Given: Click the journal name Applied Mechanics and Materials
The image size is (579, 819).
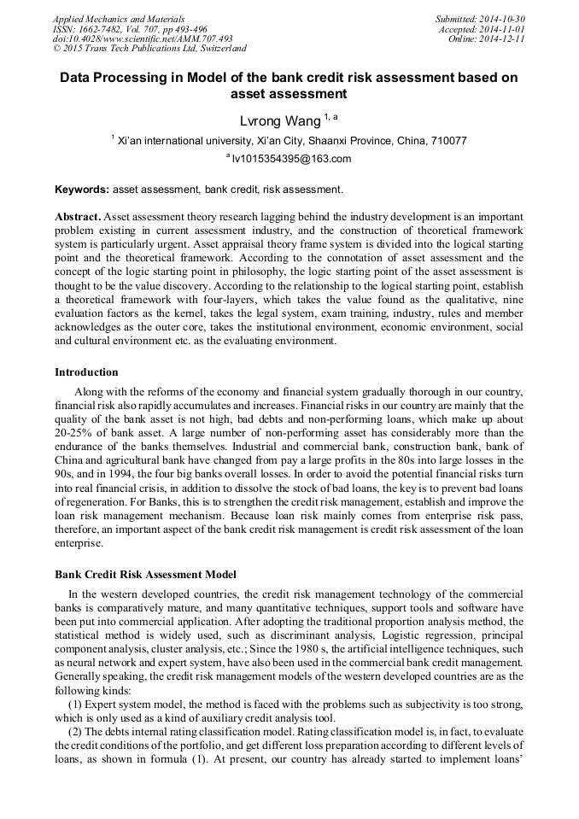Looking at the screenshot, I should [x=119, y=19].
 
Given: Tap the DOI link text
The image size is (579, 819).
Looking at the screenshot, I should [x=143, y=39].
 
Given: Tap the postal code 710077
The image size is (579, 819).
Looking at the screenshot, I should [x=447, y=140].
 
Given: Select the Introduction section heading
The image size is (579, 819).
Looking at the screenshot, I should [x=86, y=372].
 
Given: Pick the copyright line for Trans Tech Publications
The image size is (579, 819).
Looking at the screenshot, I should [x=149, y=50].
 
